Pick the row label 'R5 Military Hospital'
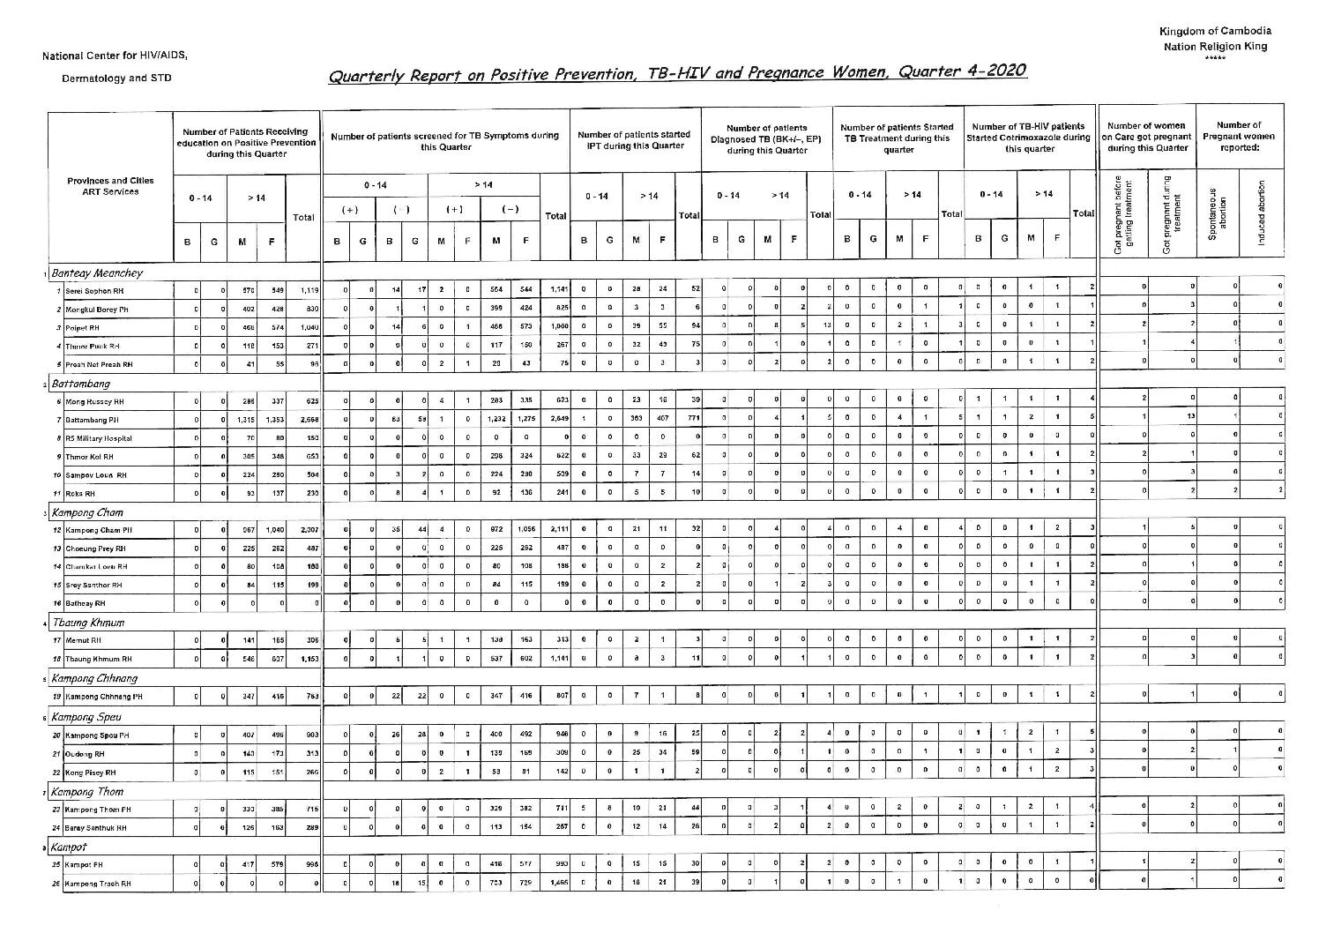[x=98, y=437]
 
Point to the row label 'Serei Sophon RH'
[x=91, y=290]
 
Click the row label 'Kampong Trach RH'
[x=98, y=883]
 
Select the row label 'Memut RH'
[x=82, y=639]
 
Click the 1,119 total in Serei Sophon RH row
[x=308, y=290]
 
